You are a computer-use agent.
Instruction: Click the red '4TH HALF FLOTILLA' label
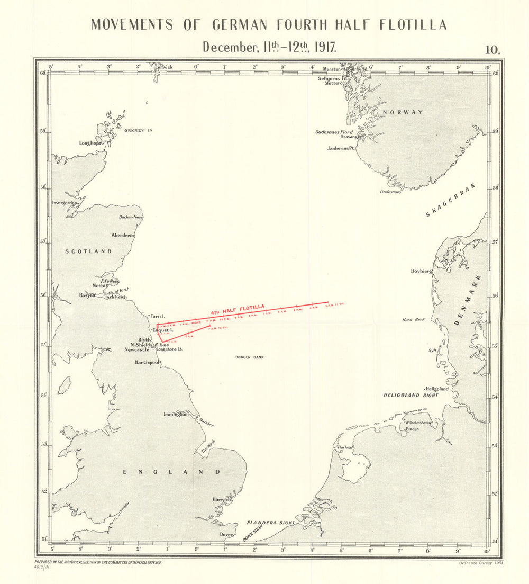point(237,310)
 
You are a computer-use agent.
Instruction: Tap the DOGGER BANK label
point(250,357)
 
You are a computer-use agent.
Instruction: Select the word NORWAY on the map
point(403,112)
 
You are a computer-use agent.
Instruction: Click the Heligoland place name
point(437,389)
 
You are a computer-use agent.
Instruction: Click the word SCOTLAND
point(88,251)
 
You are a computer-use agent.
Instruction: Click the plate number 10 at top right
point(492,49)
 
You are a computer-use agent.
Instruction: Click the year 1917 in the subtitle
point(325,47)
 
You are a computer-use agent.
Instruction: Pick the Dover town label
point(226,535)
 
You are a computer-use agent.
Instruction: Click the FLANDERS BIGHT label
point(271,523)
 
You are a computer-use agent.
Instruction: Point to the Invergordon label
point(65,203)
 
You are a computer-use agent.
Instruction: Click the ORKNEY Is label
point(138,130)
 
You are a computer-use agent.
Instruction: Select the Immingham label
point(176,414)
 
